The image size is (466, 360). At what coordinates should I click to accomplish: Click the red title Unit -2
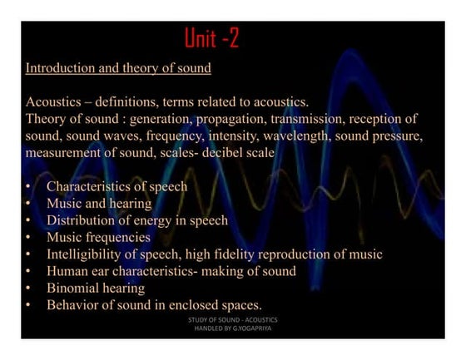pyautogui.click(x=211, y=38)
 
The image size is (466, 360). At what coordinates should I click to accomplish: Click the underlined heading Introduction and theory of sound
pyautogui.click(x=118, y=67)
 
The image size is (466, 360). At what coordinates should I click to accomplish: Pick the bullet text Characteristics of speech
pyautogui.click(x=116, y=187)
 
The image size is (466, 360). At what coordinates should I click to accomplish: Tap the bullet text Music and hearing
pyautogui.click(x=98, y=204)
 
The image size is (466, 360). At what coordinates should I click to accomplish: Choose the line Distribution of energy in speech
pyautogui.click(x=136, y=220)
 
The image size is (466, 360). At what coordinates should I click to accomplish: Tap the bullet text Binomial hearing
pyautogui.click(x=95, y=288)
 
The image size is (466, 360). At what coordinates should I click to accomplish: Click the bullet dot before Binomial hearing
pyautogui.click(x=28, y=288)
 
